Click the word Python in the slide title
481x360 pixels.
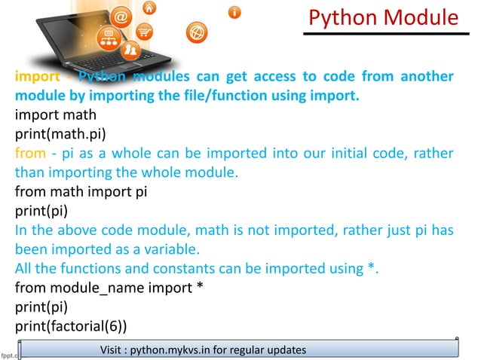[x=348, y=17]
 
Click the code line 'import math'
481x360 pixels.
[x=56, y=116]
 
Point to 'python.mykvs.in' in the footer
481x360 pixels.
[x=173, y=350]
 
